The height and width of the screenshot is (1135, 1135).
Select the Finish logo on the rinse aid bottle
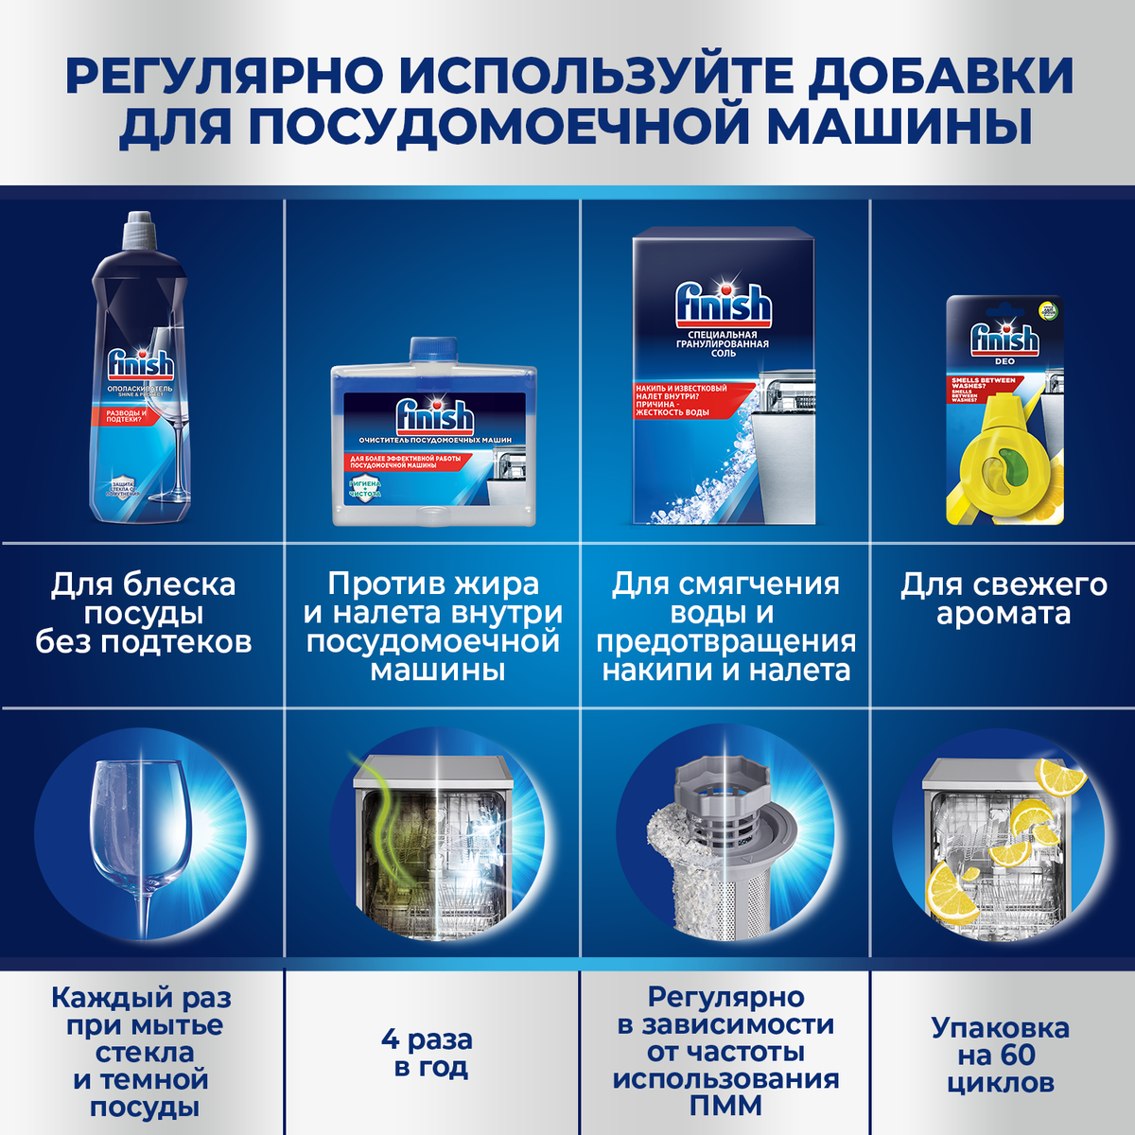140,364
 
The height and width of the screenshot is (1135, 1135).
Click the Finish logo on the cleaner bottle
434,417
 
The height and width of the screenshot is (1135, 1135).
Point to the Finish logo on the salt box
724,305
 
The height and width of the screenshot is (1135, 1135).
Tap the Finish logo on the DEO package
1004,338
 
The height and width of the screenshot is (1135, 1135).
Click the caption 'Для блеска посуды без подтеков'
144,613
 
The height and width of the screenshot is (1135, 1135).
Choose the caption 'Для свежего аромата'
1004,599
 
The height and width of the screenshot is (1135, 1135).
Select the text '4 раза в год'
427,1054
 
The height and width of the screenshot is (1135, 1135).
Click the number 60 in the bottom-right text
1016,1056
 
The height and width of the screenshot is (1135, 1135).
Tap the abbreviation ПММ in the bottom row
725,1106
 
